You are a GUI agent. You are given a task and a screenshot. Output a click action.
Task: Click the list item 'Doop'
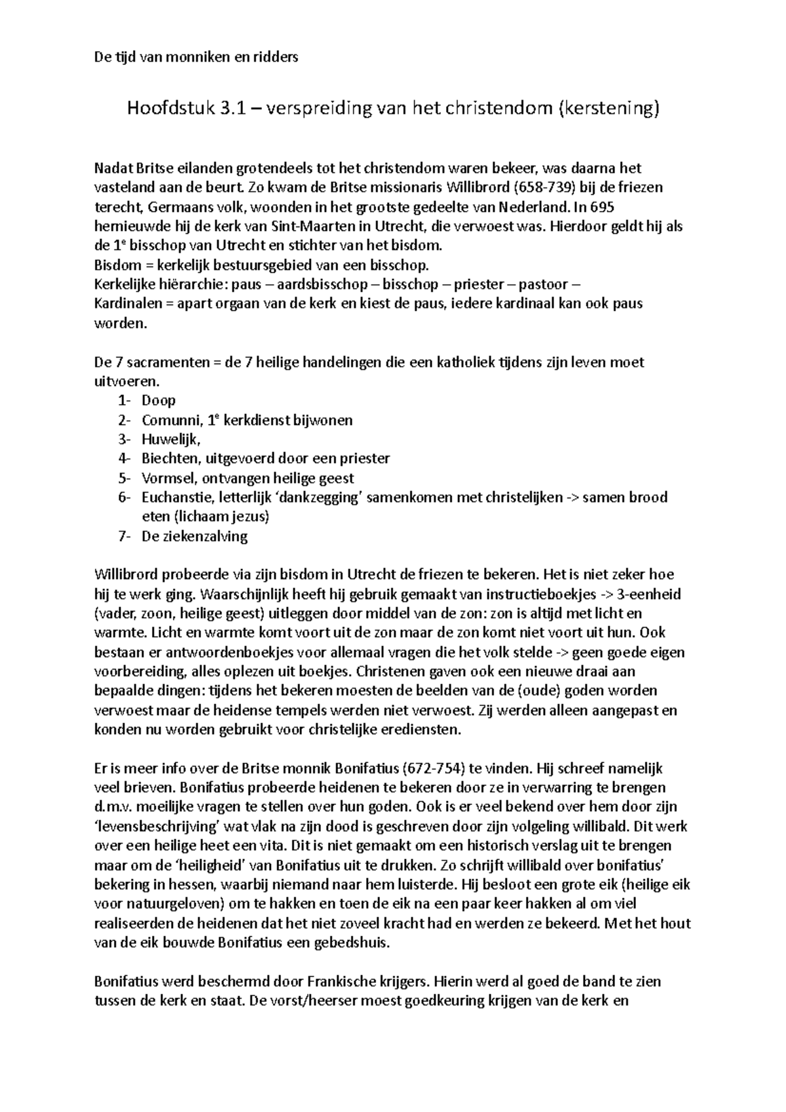point(159,400)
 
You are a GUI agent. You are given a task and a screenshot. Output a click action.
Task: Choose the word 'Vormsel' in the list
point(164,478)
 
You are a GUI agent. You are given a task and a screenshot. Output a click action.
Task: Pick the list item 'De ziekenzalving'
point(195,536)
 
